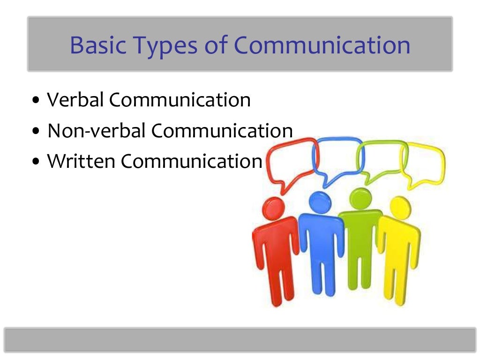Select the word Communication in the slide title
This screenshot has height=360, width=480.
[322, 45]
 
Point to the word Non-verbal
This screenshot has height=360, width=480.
[95, 131]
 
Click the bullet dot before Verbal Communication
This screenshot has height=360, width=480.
[37, 101]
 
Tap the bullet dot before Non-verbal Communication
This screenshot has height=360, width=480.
[37, 132]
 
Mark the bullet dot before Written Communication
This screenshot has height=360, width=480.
[37, 163]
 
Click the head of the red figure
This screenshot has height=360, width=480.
[274, 207]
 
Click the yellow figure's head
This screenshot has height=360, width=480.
[400, 206]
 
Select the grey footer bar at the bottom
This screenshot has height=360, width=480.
[240, 339]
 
